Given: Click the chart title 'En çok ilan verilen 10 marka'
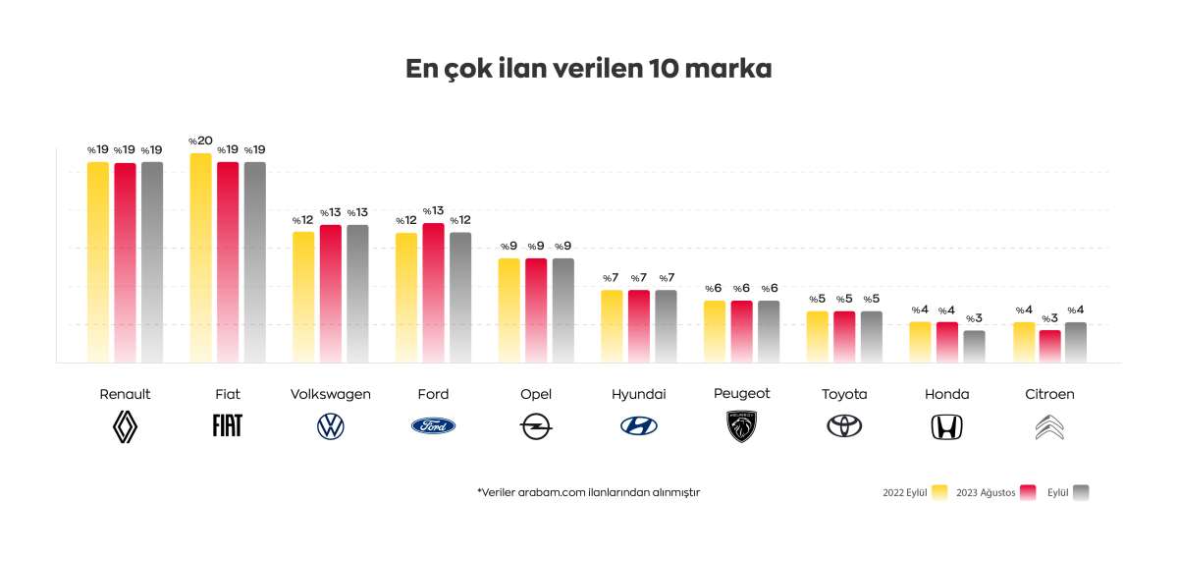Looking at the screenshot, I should [589, 70].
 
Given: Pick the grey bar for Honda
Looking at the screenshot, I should [974, 346].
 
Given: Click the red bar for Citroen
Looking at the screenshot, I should [1049, 346].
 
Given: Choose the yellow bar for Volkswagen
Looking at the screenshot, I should [303, 296].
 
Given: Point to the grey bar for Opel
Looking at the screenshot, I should [562, 309].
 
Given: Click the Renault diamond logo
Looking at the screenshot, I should [125, 425].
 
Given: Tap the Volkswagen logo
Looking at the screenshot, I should [331, 426].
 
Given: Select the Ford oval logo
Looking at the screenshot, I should [433, 426].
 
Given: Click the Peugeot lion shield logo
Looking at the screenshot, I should [742, 426].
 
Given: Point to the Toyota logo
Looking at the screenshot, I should [844, 426].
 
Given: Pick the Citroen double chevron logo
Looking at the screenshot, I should [1049, 426].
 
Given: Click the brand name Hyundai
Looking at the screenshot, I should [639, 394].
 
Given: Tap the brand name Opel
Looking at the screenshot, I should [536, 394].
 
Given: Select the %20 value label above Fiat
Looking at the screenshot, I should [200, 141].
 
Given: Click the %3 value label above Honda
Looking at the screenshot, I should [974, 318].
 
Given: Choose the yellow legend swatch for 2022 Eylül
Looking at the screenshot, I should [939, 492].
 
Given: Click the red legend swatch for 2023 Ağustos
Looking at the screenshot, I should [1029, 492].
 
